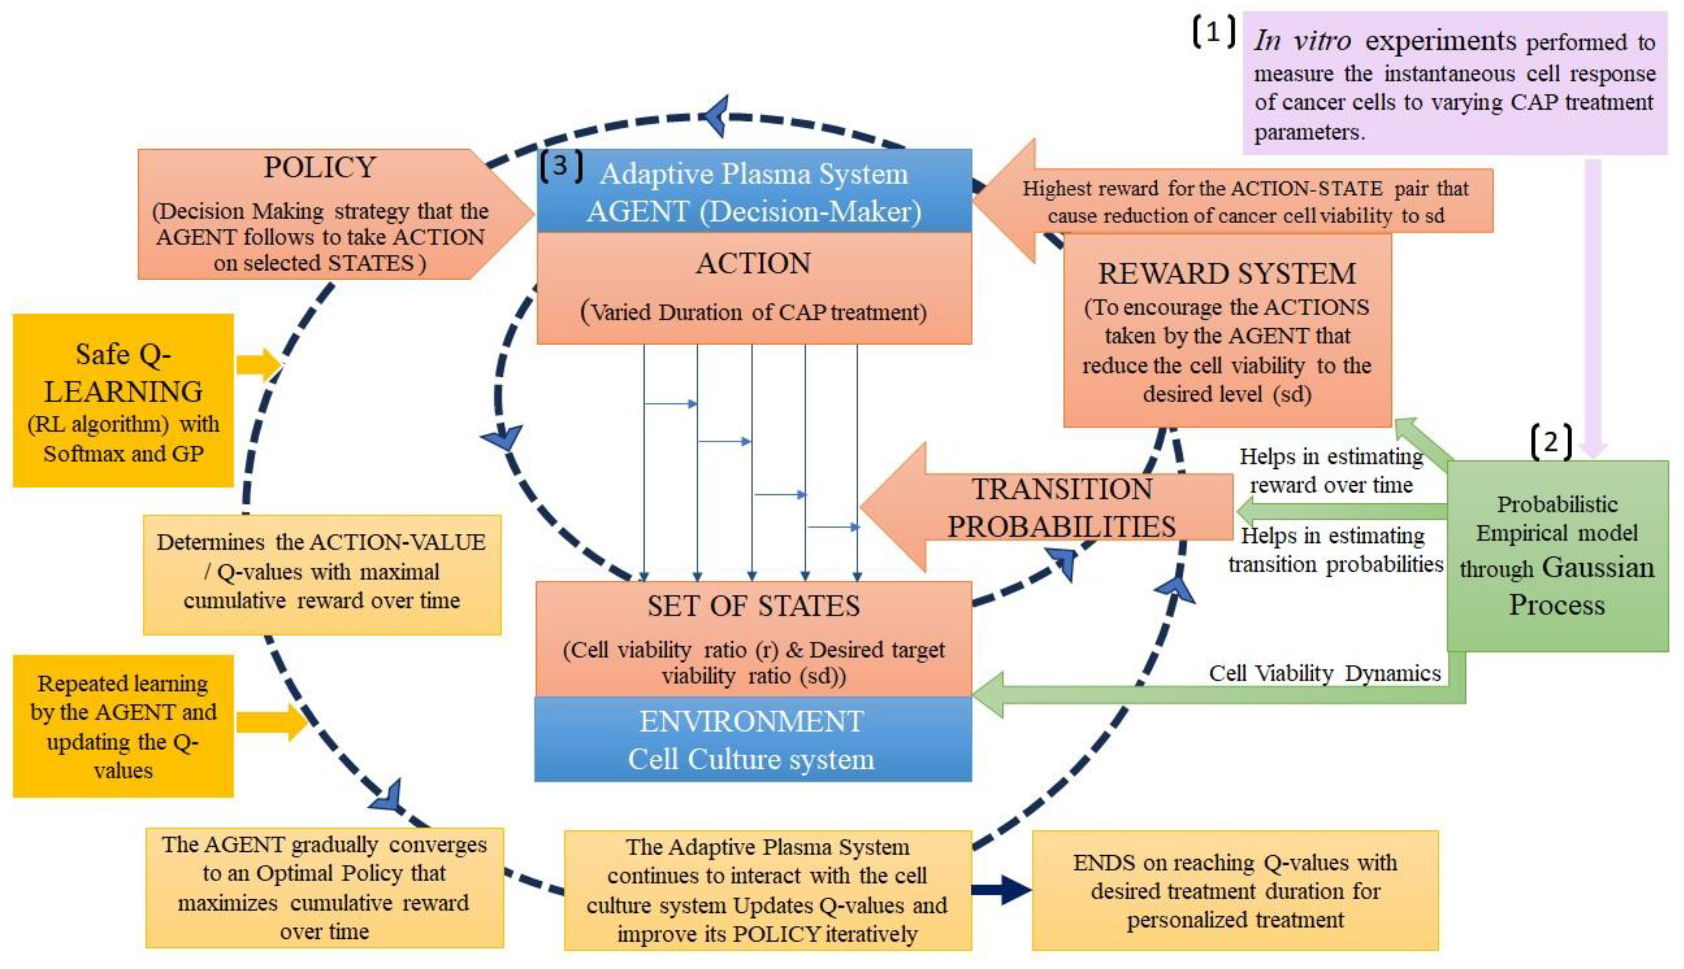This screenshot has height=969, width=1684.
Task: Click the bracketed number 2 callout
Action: click(x=1551, y=443)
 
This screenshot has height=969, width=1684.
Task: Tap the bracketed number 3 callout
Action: click(x=561, y=167)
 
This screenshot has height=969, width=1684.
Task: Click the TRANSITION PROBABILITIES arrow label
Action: click(x=1062, y=508)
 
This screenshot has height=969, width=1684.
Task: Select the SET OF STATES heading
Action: click(x=753, y=606)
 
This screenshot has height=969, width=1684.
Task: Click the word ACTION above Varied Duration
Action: click(x=753, y=263)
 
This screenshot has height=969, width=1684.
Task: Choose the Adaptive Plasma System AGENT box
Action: click(x=753, y=191)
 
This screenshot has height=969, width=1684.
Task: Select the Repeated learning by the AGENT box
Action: click(x=123, y=726)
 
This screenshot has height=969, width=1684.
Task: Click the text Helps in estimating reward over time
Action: click(x=1330, y=470)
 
